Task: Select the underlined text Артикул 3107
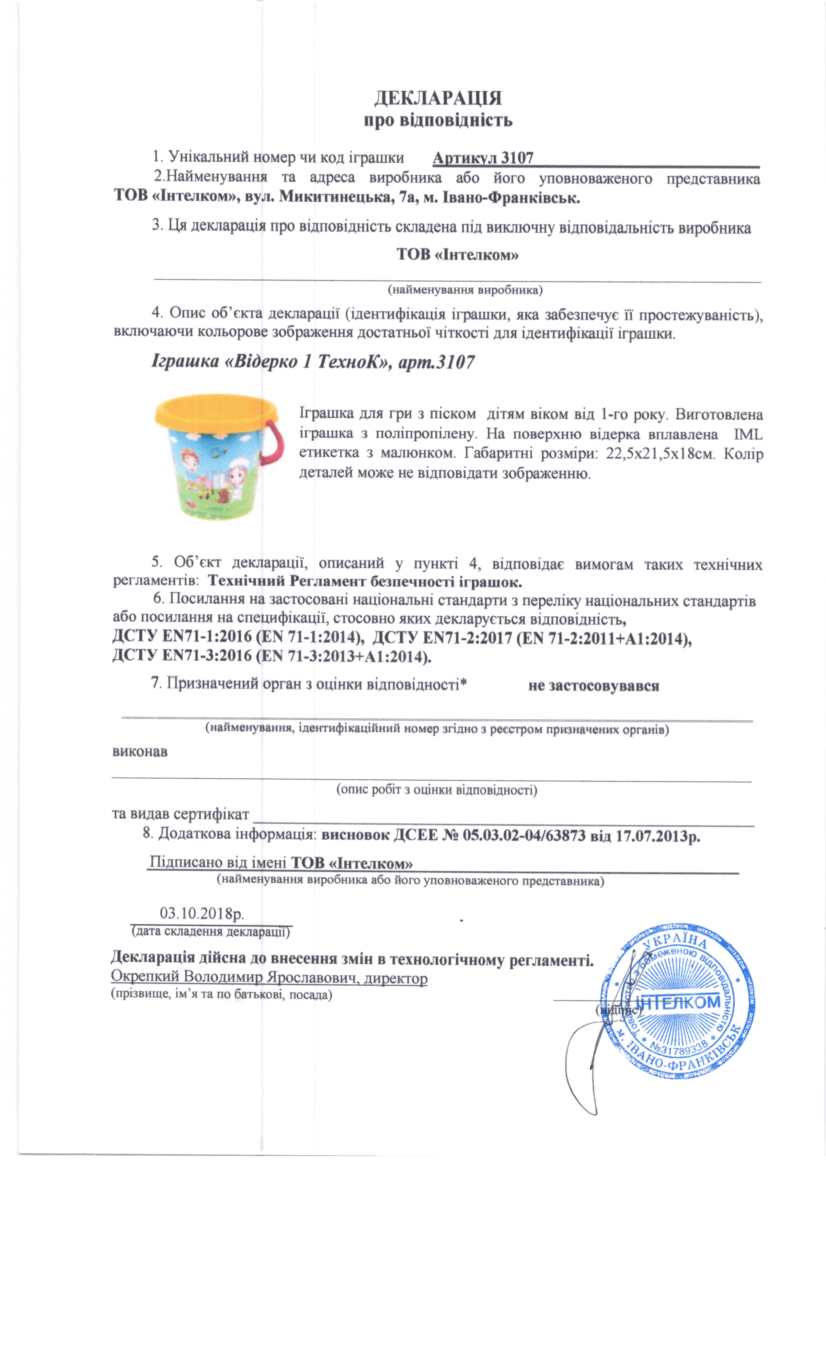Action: pos(483,158)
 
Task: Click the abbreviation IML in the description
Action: pos(748,434)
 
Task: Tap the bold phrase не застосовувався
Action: pos(593,685)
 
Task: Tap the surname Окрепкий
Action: pos(145,977)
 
